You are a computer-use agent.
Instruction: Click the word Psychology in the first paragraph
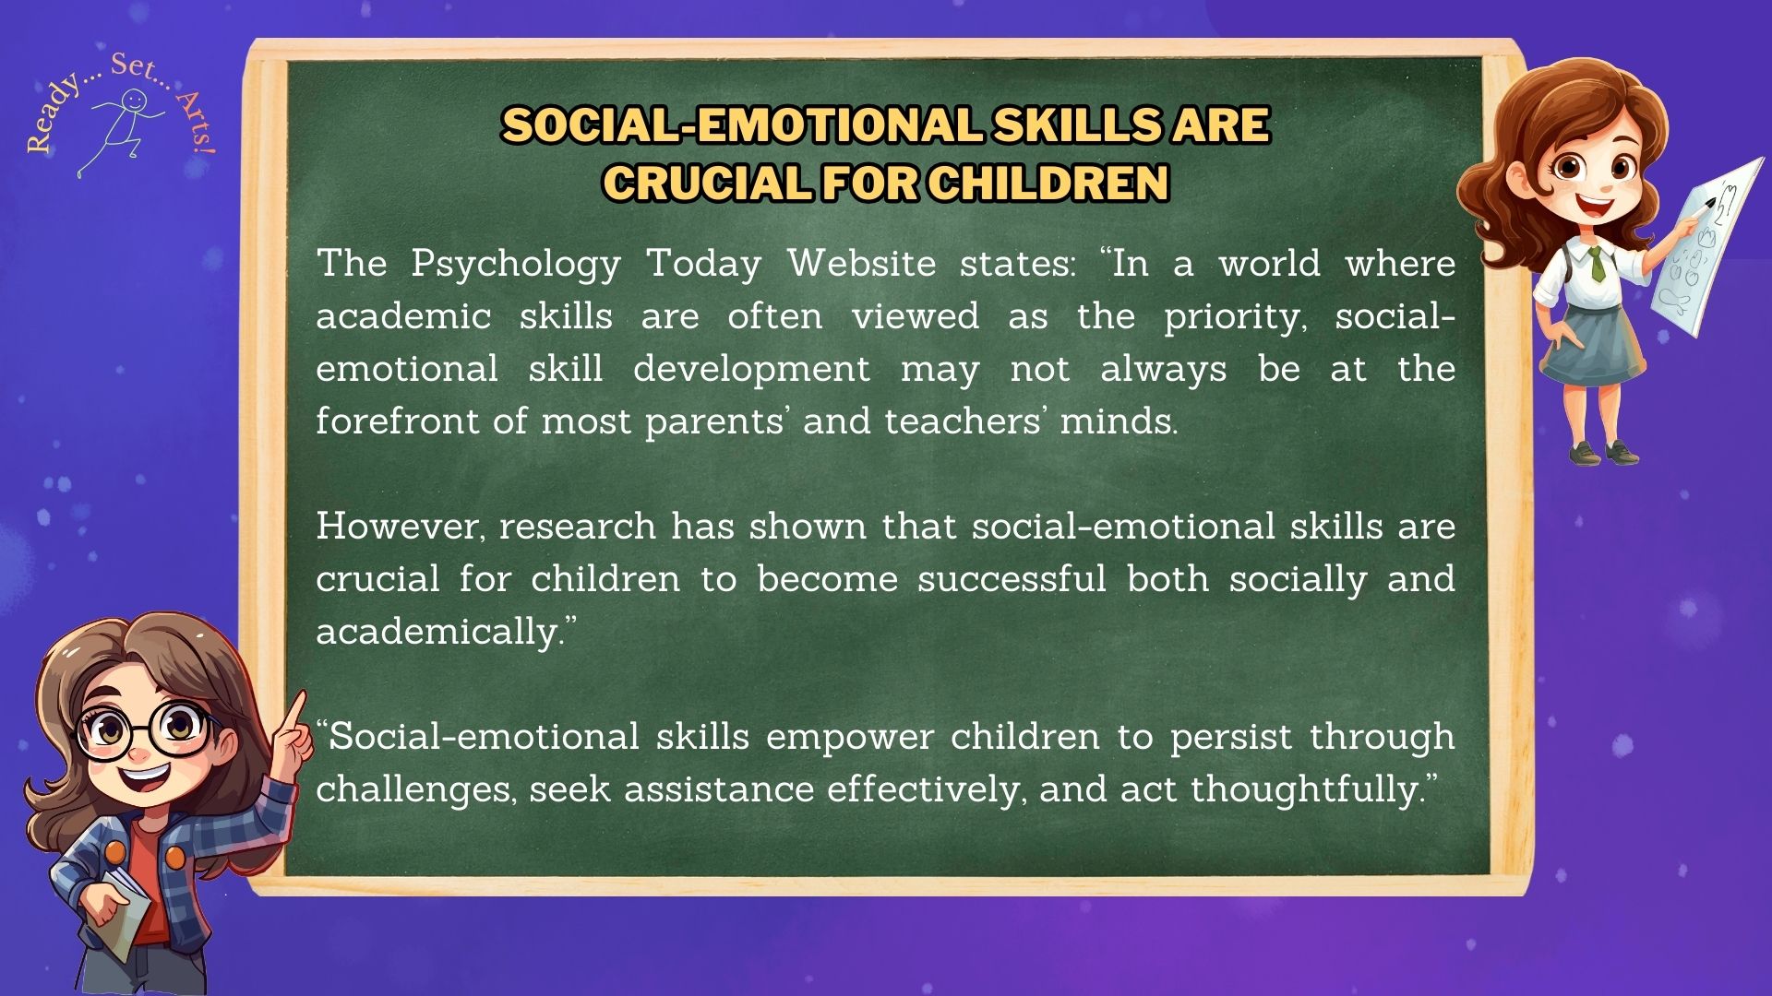516,265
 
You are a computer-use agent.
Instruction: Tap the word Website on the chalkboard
862,264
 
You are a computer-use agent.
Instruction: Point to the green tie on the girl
1597,264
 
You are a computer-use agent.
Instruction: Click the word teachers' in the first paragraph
964,421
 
